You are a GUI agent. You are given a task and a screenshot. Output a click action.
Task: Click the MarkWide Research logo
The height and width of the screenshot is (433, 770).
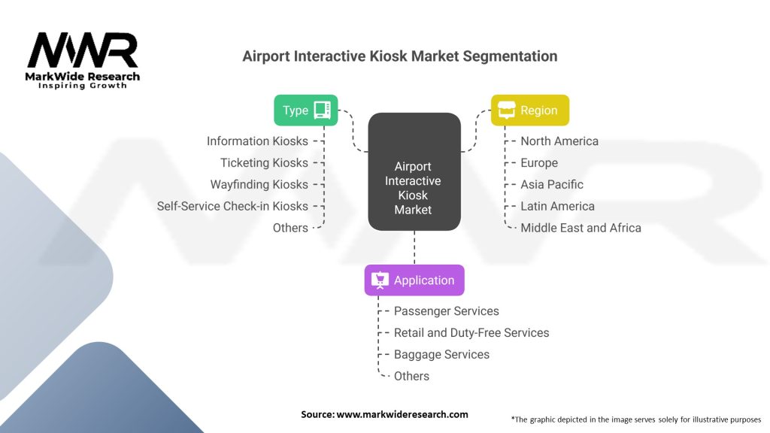coord(83,60)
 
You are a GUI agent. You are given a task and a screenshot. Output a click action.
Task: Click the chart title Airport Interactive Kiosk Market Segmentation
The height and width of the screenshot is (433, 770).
coord(399,56)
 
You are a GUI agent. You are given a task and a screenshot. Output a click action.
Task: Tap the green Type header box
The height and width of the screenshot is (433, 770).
coord(305,110)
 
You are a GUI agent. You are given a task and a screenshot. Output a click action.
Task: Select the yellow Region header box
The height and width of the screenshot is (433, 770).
coord(529,111)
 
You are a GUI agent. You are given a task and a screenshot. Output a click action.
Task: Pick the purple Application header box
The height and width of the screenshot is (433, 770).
coord(414,280)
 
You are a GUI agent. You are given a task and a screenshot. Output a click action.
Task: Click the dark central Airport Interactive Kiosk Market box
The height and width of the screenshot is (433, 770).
coord(414,171)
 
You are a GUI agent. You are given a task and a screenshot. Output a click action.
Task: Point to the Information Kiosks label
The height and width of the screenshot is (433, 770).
coord(257,141)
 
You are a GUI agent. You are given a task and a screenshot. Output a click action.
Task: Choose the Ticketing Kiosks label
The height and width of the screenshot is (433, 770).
coord(264,163)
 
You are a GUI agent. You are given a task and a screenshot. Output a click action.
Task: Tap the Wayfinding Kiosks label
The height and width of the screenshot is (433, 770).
coord(259,184)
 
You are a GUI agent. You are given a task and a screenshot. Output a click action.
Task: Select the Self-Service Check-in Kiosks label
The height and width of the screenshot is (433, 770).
coord(232,206)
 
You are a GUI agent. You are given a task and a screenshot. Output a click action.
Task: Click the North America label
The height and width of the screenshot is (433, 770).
coord(559,141)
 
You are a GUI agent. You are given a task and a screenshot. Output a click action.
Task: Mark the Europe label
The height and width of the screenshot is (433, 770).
coord(539,163)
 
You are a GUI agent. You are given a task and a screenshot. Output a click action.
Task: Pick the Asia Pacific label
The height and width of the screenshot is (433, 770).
coord(552,184)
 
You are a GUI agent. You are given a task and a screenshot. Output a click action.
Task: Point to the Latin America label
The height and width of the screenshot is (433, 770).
coord(557,206)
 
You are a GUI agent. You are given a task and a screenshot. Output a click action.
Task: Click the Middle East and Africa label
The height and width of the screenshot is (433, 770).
coord(581,228)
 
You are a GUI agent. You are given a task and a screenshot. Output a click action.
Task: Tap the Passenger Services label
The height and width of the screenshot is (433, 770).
coord(446,311)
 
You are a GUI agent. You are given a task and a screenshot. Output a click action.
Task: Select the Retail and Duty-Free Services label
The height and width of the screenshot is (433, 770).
coord(471,332)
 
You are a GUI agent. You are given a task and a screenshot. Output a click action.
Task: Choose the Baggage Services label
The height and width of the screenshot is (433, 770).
coord(441,354)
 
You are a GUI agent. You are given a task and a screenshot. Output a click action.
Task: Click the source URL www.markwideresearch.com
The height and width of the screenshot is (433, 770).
coord(402,414)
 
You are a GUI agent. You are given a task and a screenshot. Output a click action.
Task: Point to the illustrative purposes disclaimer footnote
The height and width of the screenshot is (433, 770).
coord(635,419)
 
